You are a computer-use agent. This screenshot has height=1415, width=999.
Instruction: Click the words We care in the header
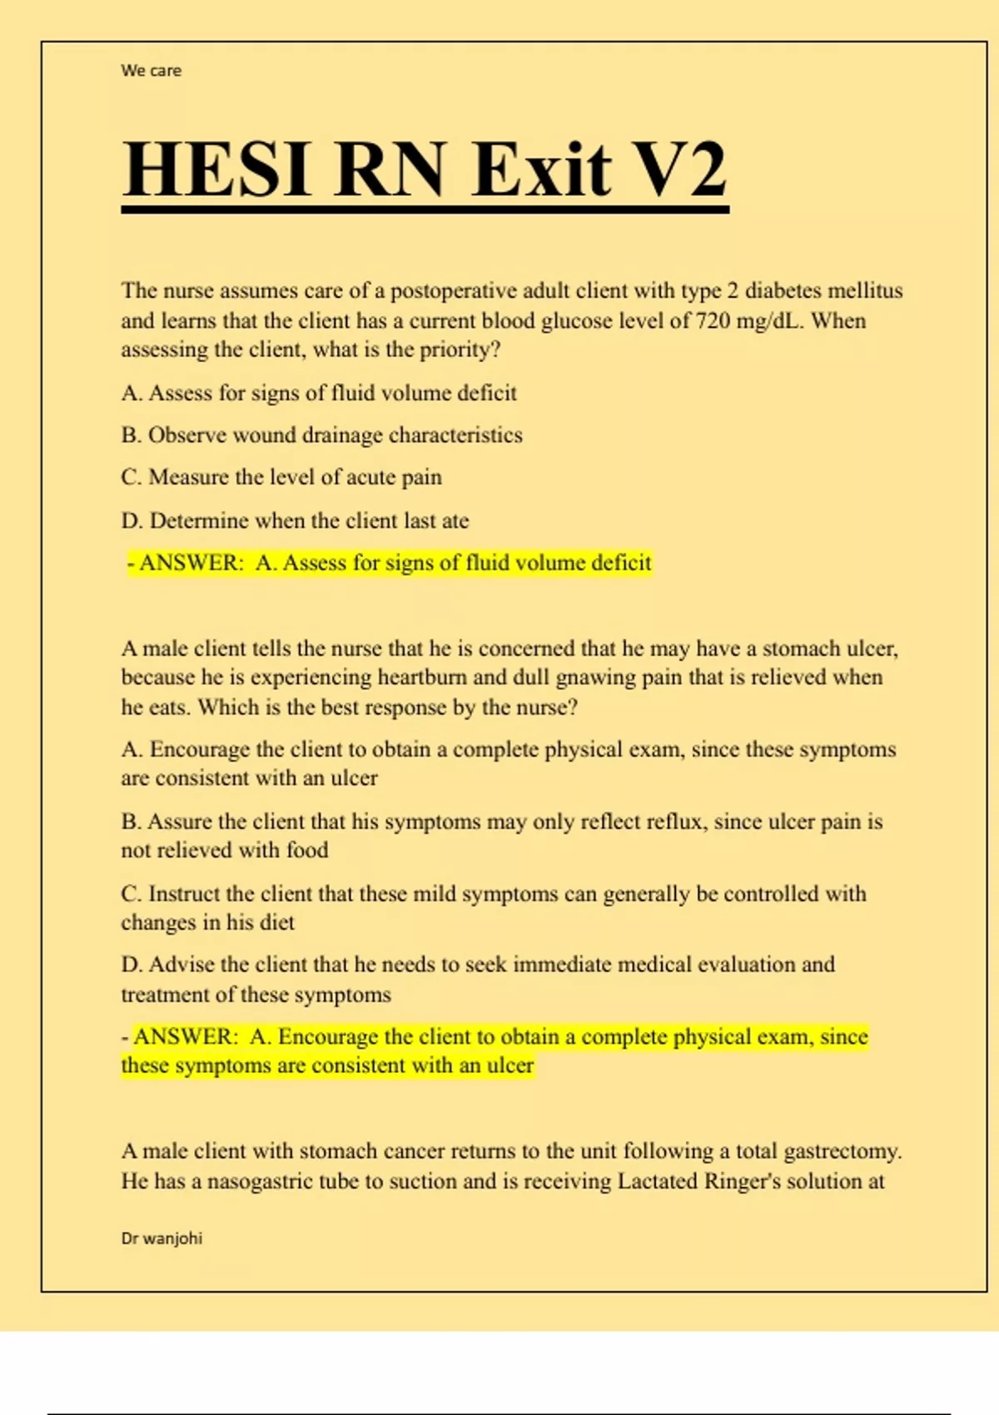point(151,71)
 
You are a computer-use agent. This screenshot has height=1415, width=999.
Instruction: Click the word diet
point(277,922)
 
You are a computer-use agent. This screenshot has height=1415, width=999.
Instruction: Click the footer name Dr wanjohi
point(162,1239)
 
